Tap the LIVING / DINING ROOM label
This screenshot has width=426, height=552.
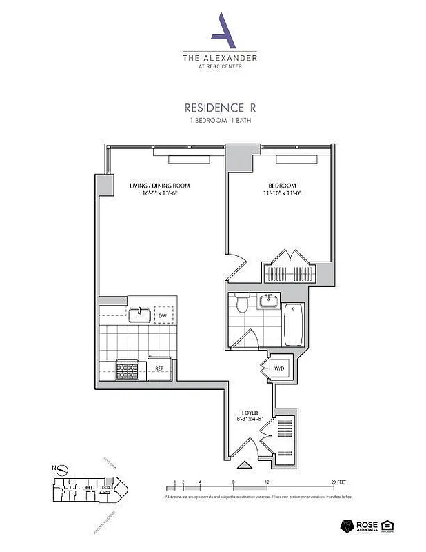pos(160,186)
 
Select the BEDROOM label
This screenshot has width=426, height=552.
pos(282,186)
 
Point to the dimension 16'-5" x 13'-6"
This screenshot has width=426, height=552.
pos(160,194)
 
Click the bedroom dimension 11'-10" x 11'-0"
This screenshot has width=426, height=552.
pos(282,194)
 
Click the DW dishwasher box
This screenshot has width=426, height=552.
pos(163,315)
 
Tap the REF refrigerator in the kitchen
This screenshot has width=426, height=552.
pos(159,368)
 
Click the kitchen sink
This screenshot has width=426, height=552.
pos(140,315)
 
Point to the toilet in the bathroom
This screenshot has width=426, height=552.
pos(241,302)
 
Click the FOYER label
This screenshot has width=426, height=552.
pos(250,413)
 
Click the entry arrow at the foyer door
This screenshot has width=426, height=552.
pos(243,466)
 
